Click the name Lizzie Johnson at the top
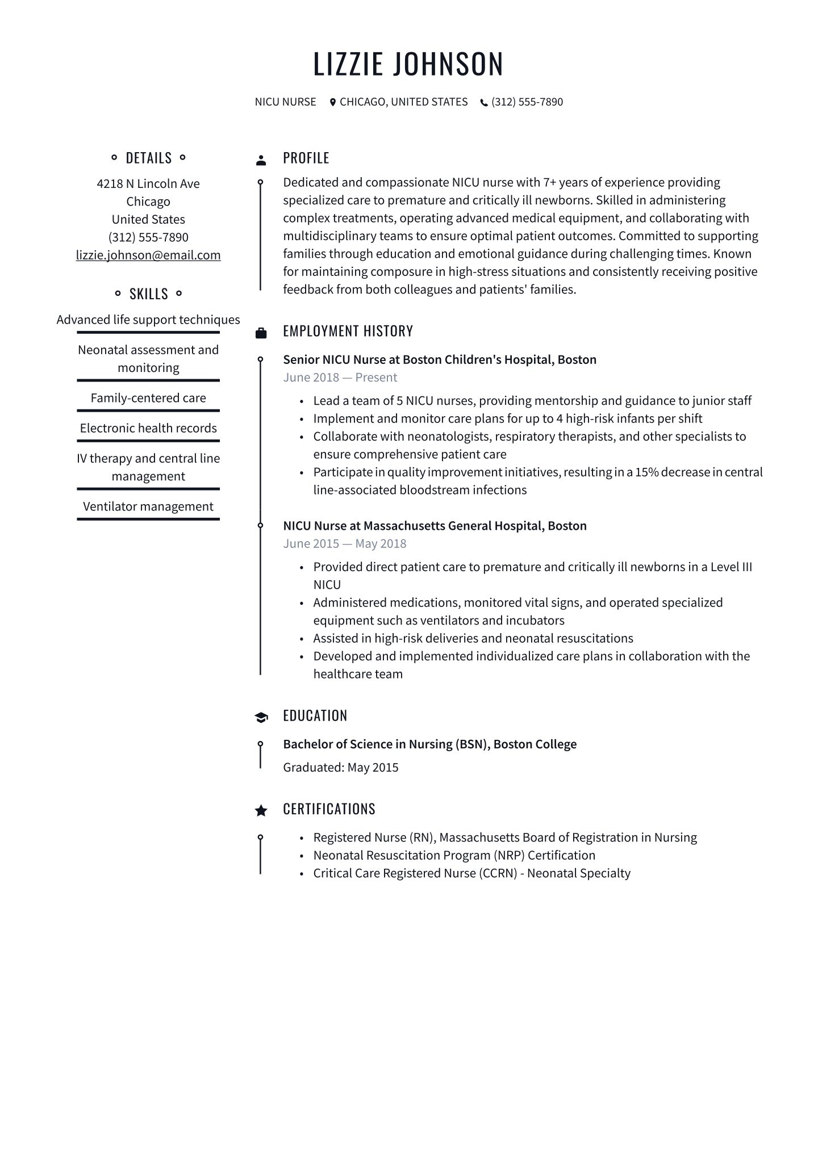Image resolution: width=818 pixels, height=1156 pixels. [408, 64]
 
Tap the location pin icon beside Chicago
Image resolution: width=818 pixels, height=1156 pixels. [333, 102]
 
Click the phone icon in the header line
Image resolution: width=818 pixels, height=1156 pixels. [484, 103]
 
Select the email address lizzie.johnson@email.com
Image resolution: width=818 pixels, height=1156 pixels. [148, 256]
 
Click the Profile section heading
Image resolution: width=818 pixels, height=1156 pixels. [306, 158]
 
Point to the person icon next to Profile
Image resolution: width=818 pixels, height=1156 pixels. [261, 160]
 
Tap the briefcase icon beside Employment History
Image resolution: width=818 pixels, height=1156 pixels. [261, 333]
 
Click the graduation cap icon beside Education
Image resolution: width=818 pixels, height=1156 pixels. [261, 717]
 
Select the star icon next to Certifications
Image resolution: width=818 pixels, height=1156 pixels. [261, 810]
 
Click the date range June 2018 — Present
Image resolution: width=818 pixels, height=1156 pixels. [340, 378]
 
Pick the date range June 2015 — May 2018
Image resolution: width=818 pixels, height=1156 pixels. [344, 544]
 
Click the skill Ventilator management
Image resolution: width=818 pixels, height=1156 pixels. [148, 506]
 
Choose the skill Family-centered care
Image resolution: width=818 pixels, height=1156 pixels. [148, 398]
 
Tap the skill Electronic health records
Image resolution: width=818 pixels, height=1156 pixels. [148, 428]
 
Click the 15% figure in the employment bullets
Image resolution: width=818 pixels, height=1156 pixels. [646, 472]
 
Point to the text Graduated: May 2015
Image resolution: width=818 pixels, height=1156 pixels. [340, 768]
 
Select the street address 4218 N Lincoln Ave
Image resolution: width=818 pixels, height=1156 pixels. [148, 184]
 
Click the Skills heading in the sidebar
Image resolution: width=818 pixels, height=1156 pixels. [148, 294]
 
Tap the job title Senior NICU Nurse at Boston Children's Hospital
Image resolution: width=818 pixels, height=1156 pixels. [439, 360]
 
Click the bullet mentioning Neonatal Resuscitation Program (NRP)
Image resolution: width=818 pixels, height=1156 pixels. [454, 856]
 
